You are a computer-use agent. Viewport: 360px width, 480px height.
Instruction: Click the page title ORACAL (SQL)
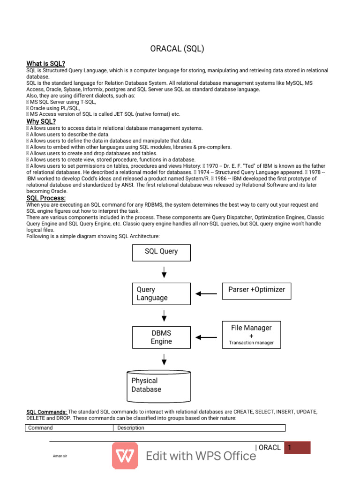[177, 48]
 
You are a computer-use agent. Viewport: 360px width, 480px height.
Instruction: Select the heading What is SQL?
[46, 63]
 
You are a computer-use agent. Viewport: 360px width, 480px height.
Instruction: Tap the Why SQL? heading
[41, 121]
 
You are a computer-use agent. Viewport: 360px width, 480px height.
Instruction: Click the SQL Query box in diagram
[161, 252]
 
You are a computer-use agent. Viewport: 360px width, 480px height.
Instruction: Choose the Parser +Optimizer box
[256, 290]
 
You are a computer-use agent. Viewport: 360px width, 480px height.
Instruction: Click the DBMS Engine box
[161, 337]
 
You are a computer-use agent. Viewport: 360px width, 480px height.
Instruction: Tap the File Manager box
[251, 334]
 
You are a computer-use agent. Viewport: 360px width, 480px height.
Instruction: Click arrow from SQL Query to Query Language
[164, 272]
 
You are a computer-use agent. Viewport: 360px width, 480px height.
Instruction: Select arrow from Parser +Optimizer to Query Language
[206, 294]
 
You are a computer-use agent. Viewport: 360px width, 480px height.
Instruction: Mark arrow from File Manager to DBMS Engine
[206, 337]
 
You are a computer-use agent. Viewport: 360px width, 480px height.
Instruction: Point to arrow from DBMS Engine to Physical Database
[164, 359]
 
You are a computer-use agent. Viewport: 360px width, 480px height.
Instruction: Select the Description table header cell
[199, 427]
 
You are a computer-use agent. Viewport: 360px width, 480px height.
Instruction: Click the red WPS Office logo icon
[125, 455]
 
